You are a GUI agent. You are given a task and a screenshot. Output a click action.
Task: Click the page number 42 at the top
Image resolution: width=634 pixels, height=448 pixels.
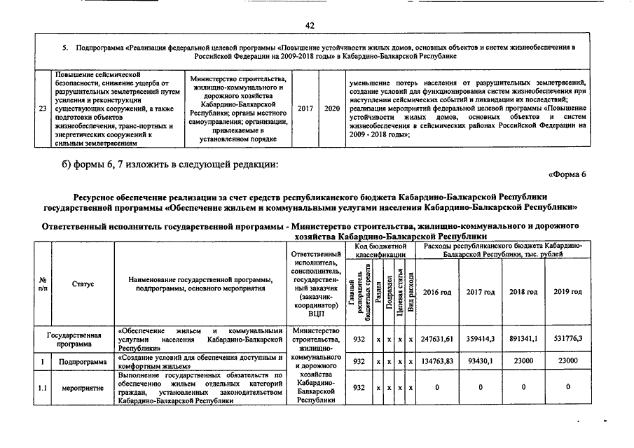[310, 25]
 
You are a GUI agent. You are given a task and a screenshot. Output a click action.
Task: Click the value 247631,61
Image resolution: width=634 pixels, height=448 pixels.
[438, 339]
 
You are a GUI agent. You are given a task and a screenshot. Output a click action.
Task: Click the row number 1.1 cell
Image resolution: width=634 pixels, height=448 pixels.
[43, 388]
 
